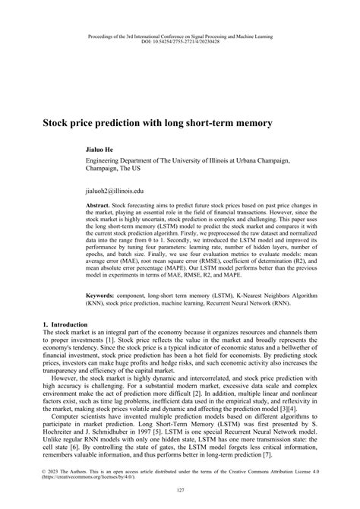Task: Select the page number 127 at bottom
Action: [x=180, y=490]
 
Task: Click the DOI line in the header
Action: [x=180, y=41]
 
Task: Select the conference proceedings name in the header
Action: [x=180, y=36]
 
